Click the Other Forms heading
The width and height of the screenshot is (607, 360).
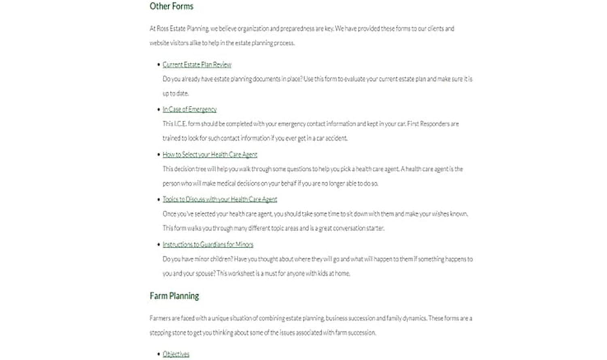click(x=172, y=6)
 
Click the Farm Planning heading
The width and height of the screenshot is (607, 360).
click(x=174, y=296)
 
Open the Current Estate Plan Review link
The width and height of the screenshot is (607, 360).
click(x=197, y=65)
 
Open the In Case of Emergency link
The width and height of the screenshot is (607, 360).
click(x=189, y=109)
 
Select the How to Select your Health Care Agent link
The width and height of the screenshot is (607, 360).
click(x=210, y=155)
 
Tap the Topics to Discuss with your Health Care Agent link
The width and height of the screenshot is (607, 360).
click(x=220, y=199)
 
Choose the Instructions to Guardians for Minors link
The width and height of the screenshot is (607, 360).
click(x=208, y=245)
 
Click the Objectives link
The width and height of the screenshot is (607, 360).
click(x=176, y=354)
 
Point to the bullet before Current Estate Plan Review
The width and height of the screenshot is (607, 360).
click(x=159, y=64)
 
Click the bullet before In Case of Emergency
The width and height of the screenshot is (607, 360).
click(x=159, y=109)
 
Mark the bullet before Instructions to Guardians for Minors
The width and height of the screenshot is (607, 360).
click(x=159, y=245)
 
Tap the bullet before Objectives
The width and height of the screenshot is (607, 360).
click(x=159, y=354)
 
